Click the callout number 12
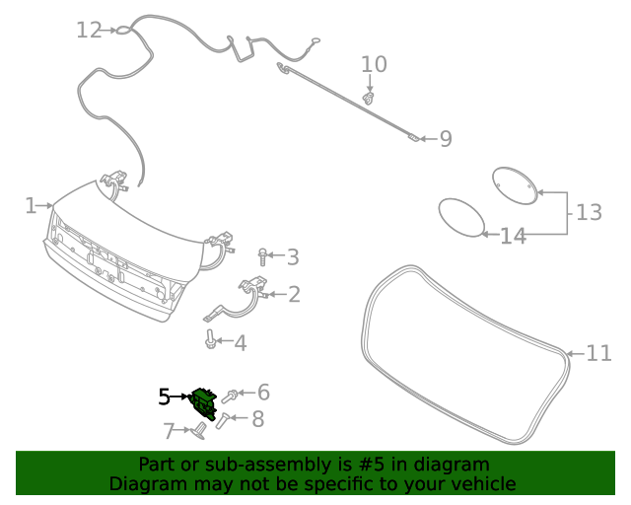tap(89, 31)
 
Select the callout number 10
tap(374, 65)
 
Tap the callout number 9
tap(446, 139)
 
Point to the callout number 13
tap(588, 212)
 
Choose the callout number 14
tap(513, 236)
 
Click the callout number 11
tap(598, 353)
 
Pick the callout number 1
tap(31, 205)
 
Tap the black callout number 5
tap(164, 397)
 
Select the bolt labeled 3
tap(263, 257)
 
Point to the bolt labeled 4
tap(210, 341)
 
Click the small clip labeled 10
tap(370, 98)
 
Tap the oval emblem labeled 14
tap(459, 217)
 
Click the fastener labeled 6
tap(231, 396)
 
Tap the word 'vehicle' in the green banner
tap(481, 483)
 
